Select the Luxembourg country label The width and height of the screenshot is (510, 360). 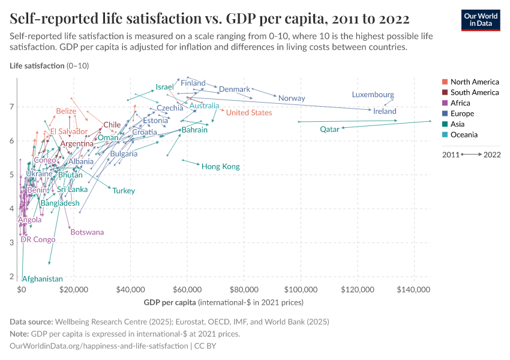pos(373,95)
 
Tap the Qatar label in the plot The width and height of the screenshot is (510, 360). pos(329,129)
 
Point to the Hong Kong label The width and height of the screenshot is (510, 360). pos(220,166)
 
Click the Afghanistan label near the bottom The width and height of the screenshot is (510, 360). pos(42,279)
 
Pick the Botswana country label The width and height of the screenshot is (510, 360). pos(87,232)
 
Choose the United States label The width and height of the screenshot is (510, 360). pos(248,113)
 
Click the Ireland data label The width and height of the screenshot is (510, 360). pos(385,111)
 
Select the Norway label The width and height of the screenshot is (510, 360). pos(292,98)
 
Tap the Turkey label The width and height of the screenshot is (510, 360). pos(124,191)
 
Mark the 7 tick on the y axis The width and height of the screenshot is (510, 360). pos(11,107)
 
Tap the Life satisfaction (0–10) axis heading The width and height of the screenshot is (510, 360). pos(49,65)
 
